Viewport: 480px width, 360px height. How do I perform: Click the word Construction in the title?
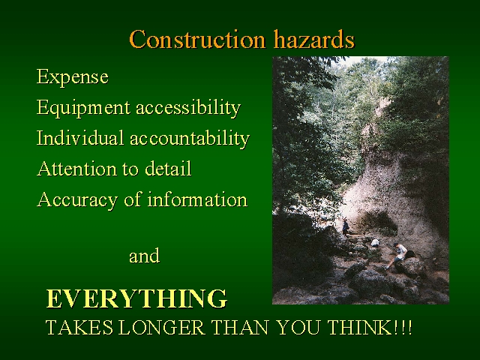pos(197,39)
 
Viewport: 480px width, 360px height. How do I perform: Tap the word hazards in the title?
pos(314,39)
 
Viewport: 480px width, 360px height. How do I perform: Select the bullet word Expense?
pos(73,76)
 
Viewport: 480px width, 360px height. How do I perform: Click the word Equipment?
pos(83,108)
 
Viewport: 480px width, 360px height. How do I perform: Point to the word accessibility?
pos(188,108)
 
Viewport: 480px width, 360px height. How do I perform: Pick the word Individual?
pos(80,138)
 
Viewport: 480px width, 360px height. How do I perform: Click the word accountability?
pos(190,138)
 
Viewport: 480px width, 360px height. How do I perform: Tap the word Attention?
pos(76,168)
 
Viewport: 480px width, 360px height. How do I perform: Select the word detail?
pos(168,168)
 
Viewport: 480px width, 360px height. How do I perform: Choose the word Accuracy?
pos(77,200)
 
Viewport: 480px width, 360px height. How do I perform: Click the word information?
pos(197,199)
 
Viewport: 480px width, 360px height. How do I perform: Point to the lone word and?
pos(145,256)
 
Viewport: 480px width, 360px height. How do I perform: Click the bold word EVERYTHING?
pos(136,298)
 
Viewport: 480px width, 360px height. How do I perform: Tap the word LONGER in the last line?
pos(162,327)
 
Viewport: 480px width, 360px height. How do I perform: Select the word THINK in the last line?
pos(359,327)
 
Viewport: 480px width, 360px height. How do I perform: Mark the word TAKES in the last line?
pos(79,327)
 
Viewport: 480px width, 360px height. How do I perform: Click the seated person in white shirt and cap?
pos(397,255)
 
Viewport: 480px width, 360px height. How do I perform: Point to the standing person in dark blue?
pos(346,226)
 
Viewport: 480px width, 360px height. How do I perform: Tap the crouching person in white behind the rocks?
pos(375,243)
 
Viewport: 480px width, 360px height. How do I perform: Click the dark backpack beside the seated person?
pos(410,254)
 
